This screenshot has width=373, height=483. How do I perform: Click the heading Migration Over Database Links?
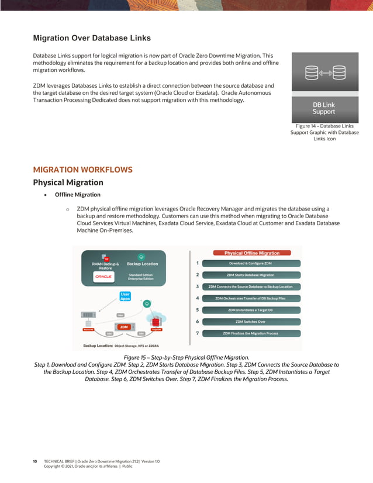click(92, 38)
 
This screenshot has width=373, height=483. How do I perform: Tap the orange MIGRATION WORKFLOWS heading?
click(82, 170)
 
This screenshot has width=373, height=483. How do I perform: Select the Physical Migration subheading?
click(68, 182)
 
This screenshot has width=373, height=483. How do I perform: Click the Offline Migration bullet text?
click(77, 195)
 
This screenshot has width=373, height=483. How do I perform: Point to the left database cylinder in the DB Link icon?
click(312, 73)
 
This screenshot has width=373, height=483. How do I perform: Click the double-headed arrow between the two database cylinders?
click(324, 73)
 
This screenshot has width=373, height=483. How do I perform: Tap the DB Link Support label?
click(324, 108)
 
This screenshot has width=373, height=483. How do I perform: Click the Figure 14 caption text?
click(324, 132)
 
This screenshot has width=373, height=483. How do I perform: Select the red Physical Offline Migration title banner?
click(252, 253)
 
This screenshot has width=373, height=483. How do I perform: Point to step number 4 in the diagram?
click(198, 298)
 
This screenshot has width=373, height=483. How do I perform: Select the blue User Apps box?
click(125, 296)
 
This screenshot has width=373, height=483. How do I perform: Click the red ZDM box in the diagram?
click(124, 327)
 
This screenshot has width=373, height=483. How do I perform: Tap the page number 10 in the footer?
click(35, 461)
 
